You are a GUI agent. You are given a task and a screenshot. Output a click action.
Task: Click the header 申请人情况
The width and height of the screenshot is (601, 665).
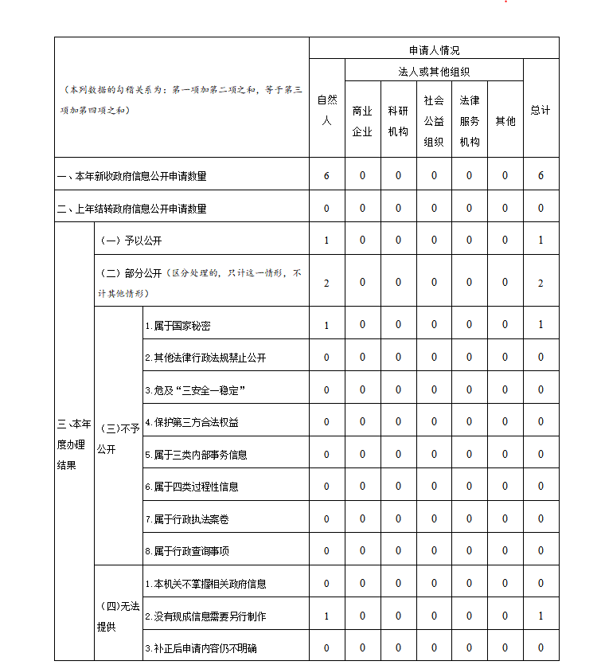tap(434, 49)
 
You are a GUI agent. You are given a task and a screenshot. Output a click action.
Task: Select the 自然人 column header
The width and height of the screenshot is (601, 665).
tap(326, 110)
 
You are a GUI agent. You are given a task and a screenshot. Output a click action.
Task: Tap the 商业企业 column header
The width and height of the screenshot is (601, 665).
tap(362, 121)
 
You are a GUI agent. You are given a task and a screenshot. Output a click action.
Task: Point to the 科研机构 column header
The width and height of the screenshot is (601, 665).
tap(398, 121)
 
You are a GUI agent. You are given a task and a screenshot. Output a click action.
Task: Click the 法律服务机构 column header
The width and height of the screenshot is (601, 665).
tap(469, 121)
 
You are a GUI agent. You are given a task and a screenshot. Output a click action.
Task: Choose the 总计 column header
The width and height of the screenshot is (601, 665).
tap(541, 110)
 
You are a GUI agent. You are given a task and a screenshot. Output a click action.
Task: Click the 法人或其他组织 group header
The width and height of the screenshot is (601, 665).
tap(434, 71)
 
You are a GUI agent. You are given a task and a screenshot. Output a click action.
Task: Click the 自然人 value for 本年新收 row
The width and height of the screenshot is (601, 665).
tap(326, 176)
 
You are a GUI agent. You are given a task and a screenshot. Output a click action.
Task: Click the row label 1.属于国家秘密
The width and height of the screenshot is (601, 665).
tap(178, 326)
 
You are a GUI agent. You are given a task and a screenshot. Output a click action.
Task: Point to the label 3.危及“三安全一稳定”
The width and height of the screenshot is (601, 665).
tap(193, 390)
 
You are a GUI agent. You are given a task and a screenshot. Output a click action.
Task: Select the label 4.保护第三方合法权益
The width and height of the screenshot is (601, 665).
tap(192, 422)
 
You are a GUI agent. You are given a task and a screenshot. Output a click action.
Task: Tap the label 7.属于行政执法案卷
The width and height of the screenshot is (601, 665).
tap(187, 519)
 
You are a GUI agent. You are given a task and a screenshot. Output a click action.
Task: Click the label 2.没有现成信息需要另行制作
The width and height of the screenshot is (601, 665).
tap(205, 616)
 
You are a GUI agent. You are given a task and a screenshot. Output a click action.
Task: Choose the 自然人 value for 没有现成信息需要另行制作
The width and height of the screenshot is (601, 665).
tap(326, 616)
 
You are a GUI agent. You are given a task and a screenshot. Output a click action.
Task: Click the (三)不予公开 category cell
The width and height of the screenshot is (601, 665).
tap(118, 439)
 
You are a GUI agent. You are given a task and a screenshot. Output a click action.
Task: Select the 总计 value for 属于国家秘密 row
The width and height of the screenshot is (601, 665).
tap(541, 325)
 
